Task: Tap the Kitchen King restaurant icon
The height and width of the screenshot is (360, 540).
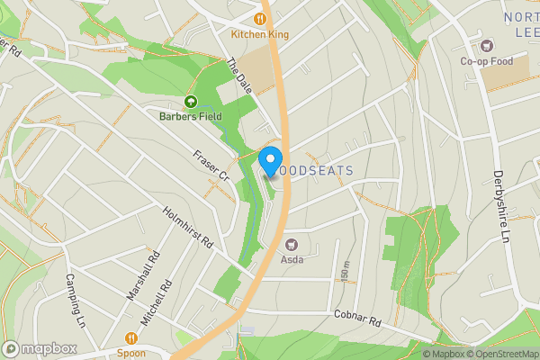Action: pos(260,17)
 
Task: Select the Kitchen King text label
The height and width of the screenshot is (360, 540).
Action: pos(259,34)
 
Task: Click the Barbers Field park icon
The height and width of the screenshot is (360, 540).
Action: pos(191,102)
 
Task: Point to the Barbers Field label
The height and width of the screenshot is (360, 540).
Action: pos(191,117)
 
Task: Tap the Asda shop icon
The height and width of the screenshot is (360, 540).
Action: pos(292,244)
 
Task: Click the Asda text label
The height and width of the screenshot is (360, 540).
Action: pos(292,260)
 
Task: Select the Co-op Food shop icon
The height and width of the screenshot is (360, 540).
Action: pos(487,45)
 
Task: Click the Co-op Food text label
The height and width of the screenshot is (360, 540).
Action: pos(487,61)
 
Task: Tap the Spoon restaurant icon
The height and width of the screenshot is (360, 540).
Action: pos(131,338)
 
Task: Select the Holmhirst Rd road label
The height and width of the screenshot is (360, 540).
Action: pos(187,229)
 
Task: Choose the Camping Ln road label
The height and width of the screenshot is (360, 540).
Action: pos(74,299)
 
